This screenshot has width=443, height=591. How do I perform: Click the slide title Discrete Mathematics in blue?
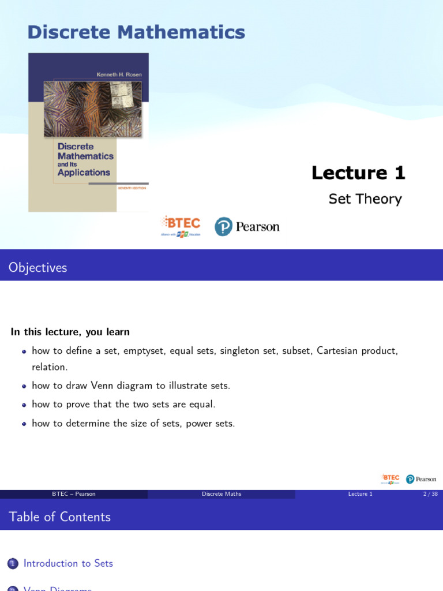136,32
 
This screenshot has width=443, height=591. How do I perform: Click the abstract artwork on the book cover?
93,109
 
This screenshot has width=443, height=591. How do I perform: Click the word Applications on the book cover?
84,172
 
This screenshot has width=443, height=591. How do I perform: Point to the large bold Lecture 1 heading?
358,173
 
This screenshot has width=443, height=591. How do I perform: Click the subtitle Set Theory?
365,199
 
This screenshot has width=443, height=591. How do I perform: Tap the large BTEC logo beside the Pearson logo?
181,226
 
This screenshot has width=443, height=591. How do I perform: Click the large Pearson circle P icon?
223,226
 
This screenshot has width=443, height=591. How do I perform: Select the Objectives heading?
38,268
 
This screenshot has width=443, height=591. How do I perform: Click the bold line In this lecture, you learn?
70,332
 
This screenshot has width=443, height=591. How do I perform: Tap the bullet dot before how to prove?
24,405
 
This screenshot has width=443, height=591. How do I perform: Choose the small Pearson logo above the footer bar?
421,479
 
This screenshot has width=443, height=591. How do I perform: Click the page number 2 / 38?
430,494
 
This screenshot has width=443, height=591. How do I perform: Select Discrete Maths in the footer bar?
221,494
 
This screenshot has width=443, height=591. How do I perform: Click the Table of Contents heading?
59,517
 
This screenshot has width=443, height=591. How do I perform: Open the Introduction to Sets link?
68,563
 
